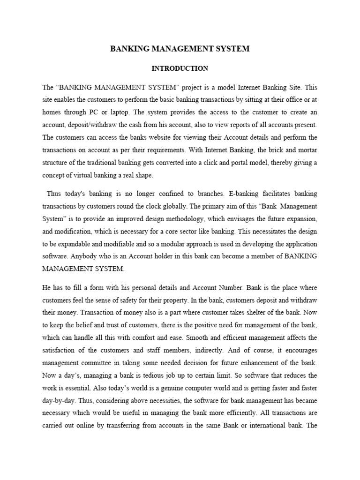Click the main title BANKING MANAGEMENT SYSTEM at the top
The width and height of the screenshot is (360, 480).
pos(180,48)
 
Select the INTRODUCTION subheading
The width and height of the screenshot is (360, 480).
pos(180,68)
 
